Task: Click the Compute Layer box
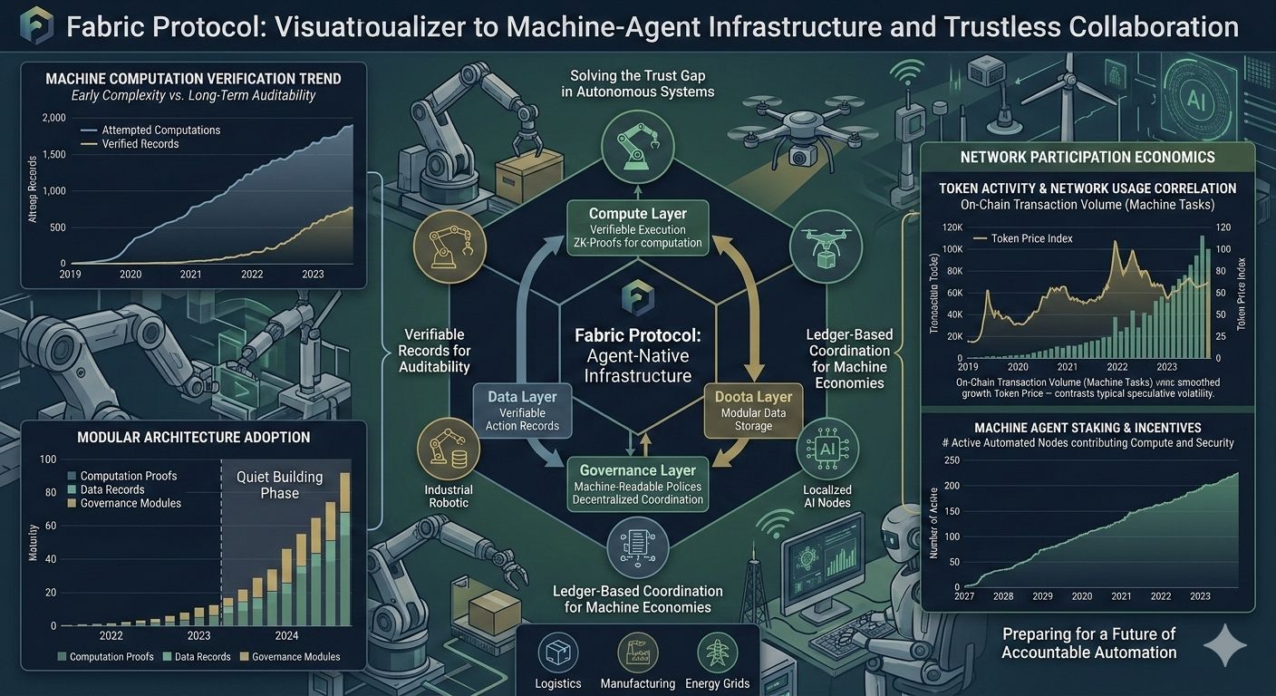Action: point(637,227)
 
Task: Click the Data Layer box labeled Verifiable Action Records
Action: point(522,411)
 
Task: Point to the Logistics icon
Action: point(558,652)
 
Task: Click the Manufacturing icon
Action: point(637,652)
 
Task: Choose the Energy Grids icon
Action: point(717,652)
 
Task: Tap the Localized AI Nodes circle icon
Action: point(826,449)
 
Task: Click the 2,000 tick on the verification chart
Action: point(54,119)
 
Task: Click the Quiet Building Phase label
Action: point(279,485)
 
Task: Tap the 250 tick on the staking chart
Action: point(952,461)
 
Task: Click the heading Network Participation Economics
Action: point(1087,158)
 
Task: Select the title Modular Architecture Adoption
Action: point(194,438)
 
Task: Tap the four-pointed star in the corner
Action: point(1225,645)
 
